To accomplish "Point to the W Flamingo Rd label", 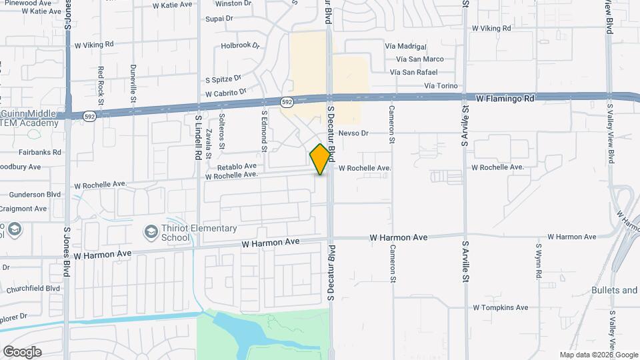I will (x=505, y=99).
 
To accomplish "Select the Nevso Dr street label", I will (x=353, y=133).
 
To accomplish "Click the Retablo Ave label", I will (x=237, y=166).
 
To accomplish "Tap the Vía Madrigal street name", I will (x=405, y=47).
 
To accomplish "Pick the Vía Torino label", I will (x=441, y=86).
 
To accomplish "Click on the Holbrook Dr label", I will (x=239, y=46).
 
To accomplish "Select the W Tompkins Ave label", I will (x=500, y=307).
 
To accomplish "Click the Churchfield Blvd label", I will (x=33, y=289).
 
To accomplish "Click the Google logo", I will (x=22, y=352).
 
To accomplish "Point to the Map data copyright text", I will (x=599, y=355).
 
